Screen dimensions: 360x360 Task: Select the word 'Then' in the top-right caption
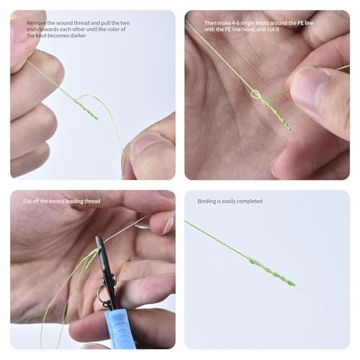click(210, 23)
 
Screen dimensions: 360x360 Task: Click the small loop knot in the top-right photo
click(256, 94)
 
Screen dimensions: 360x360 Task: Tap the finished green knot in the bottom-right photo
click(271, 271)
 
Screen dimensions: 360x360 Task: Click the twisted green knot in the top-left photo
click(86, 109)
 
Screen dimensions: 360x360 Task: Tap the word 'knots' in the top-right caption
click(262, 23)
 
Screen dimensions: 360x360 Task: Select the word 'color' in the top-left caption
click(114, 30)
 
